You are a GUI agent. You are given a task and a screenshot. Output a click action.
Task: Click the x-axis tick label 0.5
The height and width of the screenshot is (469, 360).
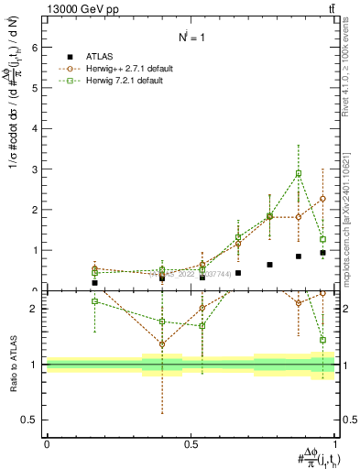coord(191,443)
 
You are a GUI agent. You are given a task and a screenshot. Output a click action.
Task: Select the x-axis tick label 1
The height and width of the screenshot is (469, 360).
coord(335,443)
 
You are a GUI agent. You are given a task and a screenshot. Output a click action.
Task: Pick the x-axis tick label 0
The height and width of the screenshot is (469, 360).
coord(47,443)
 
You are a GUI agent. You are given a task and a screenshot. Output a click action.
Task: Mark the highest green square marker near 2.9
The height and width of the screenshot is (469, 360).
coord(299,173)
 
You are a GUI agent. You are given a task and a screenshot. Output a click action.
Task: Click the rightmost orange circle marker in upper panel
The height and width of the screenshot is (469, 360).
coord(322,199)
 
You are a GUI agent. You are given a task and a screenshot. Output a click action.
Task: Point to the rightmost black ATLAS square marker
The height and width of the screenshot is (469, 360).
coord(322,252)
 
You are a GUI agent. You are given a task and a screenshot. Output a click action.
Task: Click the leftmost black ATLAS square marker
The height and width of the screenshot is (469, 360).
coord(94,283)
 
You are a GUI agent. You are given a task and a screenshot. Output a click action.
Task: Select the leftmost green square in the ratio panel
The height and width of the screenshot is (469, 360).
coord(94,301)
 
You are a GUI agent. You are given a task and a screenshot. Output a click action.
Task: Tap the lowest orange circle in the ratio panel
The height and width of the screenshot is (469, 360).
coord(162,344)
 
